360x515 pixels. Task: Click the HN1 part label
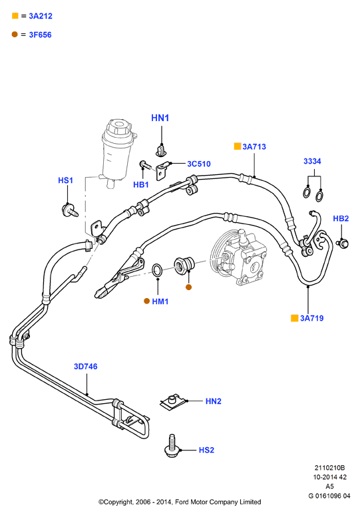tap(160, 118)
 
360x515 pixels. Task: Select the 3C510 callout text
tap(199, 164)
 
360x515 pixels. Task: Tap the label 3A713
tap(254, 146)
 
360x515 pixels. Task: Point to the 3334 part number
tap(312, 161)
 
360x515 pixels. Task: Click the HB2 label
tap(341, 218)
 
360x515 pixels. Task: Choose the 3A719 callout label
tap(311, 318)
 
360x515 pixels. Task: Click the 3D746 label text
tap(85, 367)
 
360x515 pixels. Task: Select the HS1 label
tap(65, 180)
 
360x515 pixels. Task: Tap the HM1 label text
tap(160, 301)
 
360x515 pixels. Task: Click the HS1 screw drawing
tap(70, 210)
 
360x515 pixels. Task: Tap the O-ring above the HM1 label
tap(157, 270)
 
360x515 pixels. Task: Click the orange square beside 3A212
tap(15, 16)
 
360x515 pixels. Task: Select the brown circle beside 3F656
tap(15, 34)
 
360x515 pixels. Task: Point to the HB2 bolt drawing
tap(342, 244)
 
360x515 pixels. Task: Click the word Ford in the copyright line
tap(182, 502)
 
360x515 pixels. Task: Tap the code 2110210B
tap(329, 468)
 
